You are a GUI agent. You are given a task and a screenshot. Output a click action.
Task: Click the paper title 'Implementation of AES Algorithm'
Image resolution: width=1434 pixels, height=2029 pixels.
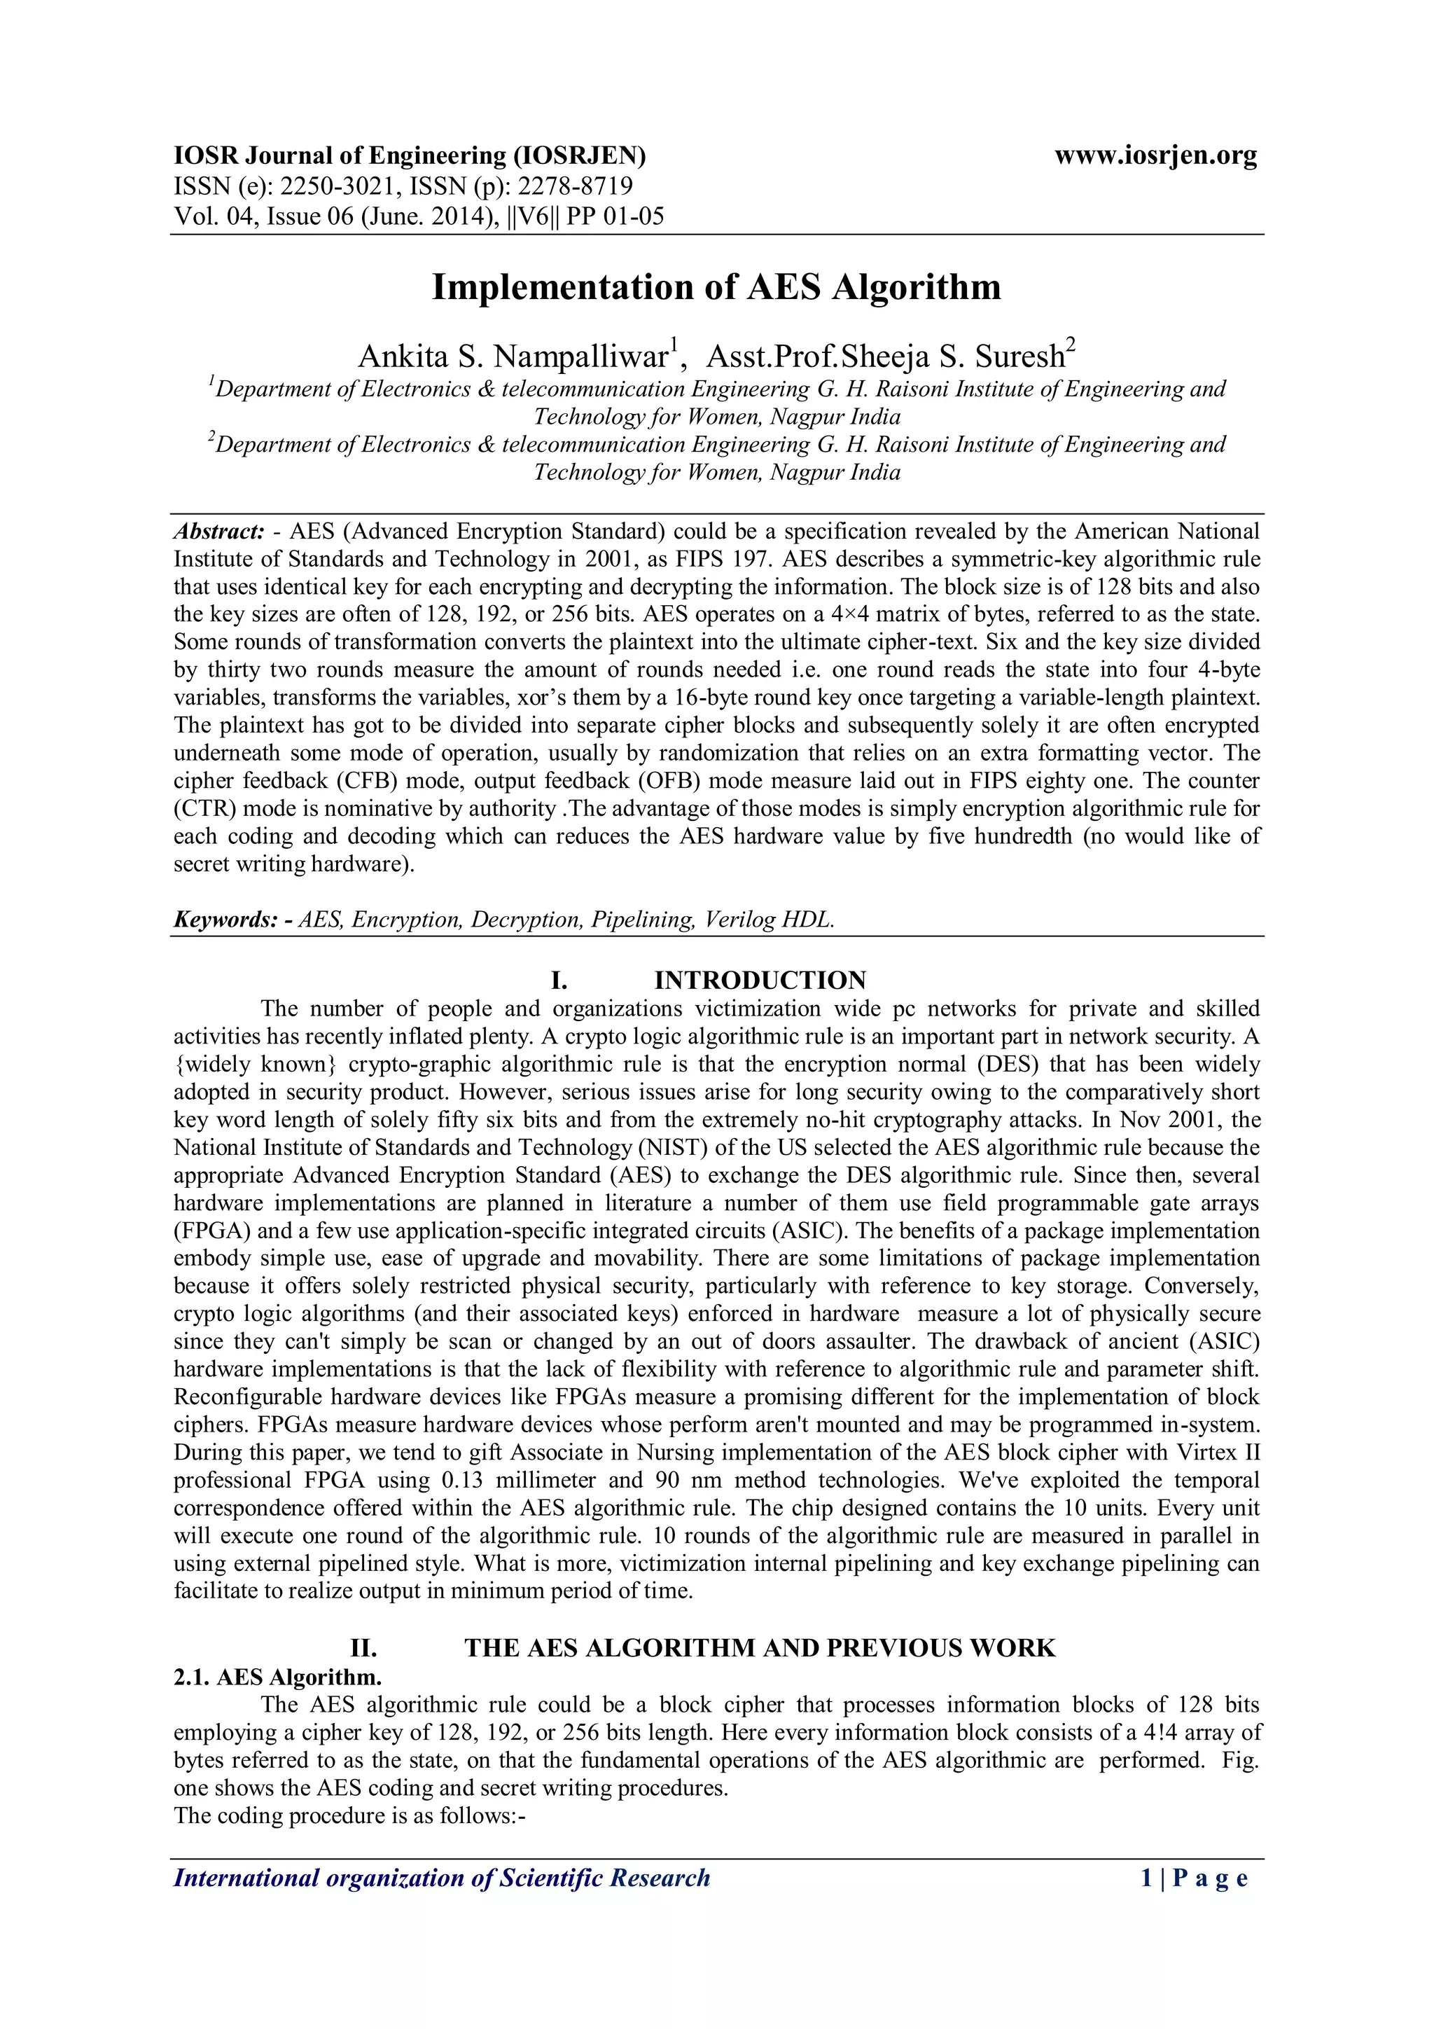[x=716, y=287]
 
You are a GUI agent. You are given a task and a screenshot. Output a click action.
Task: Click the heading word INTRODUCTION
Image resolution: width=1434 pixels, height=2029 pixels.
[x=760, y=980]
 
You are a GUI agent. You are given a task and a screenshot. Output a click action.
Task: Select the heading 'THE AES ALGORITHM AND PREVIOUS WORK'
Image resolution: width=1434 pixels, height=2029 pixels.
[x=760, y=1648]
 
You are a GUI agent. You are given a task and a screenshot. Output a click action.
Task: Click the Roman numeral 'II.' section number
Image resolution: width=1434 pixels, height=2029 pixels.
[x=364, y=1648]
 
